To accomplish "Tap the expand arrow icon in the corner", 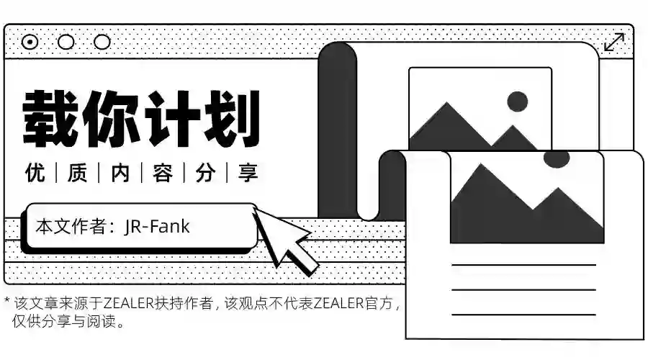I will (x=613, y=42).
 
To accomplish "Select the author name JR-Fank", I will (x=157, y=226).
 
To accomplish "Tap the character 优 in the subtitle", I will (x=35, y=174).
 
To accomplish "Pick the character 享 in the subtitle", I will (x=248, y=174).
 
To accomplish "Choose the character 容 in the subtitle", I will (x=163, y=174).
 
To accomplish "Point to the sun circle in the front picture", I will (x=557, y=158).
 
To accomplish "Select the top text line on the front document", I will (x=523, y=265).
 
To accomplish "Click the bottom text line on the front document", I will (x=523, y=314).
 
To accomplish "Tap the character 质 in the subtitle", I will (x=78, y=174).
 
